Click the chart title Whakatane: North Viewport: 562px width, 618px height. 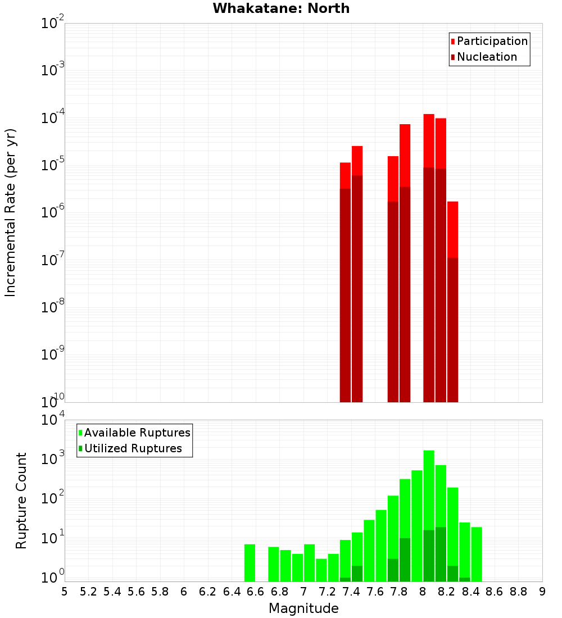coord(281,8)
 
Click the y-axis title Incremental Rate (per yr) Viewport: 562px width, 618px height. coord(11,213)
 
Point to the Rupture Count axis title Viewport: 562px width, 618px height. coord(21,501)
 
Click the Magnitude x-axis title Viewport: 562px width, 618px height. coord(303,608)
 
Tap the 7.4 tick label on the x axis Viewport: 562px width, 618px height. coord(351,592)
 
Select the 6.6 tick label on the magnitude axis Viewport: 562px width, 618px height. coord(256,592)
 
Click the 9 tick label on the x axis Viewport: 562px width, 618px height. coord(542,592)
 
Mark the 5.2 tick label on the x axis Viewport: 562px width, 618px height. coord(88,592)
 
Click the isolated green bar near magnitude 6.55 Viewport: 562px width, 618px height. coord(250,562)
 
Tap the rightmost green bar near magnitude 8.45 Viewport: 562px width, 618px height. coord(477,554)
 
